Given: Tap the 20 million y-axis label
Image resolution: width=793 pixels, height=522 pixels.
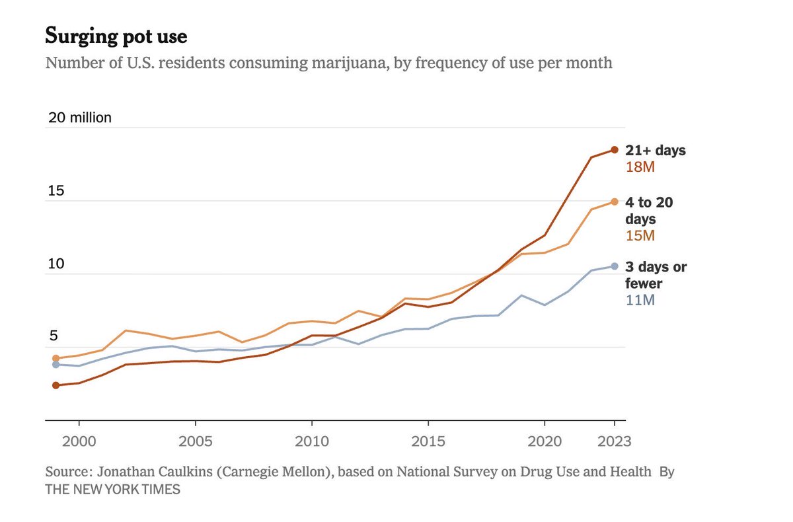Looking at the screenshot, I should click(80, 118).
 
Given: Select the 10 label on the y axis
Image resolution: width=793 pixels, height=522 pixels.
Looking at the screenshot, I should click(56, 264).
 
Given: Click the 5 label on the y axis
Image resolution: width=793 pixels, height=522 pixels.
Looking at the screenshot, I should click(52, 336).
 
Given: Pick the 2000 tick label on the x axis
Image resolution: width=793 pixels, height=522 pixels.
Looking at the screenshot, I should click(79, 441).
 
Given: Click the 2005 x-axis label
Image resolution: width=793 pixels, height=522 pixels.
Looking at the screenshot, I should click(195, 441).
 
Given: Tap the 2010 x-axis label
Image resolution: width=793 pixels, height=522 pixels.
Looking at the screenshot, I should click(311, 441).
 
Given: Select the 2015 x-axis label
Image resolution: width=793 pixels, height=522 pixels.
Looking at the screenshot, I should click(428, 441).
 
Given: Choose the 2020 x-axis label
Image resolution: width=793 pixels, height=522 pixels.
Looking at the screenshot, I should click(544, 441).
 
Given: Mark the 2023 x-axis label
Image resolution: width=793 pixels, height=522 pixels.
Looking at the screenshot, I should click(614, 441).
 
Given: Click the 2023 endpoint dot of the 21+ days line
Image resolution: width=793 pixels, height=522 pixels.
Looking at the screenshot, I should click(614, 150).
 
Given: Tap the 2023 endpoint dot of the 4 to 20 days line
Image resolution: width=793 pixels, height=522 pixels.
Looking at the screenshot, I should click(614, 202).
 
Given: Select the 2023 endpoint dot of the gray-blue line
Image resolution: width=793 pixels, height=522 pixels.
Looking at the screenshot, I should click(614, 266).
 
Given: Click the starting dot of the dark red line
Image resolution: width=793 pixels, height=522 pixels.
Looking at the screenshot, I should click(56, 385).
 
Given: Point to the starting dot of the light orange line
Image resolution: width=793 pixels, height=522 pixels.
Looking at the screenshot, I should click(56, 358).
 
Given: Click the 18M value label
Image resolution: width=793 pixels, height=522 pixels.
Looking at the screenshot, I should click(640, 167).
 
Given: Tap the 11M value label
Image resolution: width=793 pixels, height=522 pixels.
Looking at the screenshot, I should click(640, 301).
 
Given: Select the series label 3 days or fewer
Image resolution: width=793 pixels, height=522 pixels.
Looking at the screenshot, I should click(656, 276).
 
